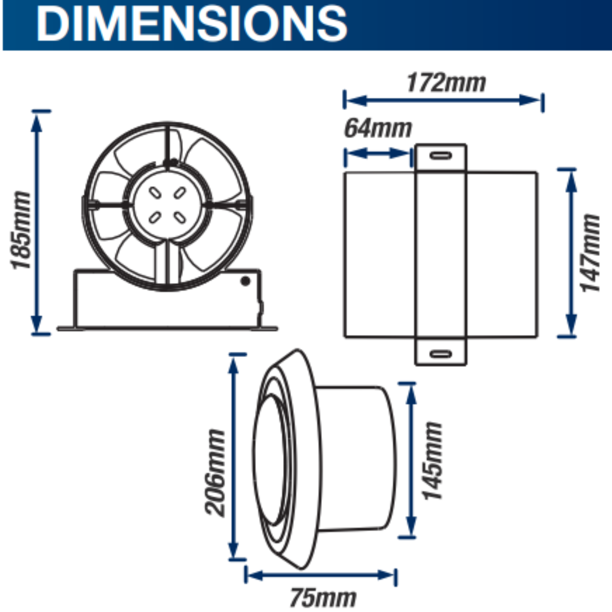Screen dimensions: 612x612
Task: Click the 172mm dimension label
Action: tap(446, 83)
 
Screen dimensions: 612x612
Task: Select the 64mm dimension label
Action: tap(378, 128)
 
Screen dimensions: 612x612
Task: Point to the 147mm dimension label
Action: tap(590, 253)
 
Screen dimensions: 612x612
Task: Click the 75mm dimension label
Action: tap(323, 597)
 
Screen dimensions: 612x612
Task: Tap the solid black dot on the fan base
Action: tap(246, 281)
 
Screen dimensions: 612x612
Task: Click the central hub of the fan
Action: tap(167, 205)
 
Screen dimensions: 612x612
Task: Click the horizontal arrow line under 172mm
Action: tap(443, 100)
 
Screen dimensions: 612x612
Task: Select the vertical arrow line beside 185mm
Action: tap(36, 222)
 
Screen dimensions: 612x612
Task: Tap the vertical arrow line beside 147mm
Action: tap(571, 253)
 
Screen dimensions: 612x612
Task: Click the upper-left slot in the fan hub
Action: tap(155, 193)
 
